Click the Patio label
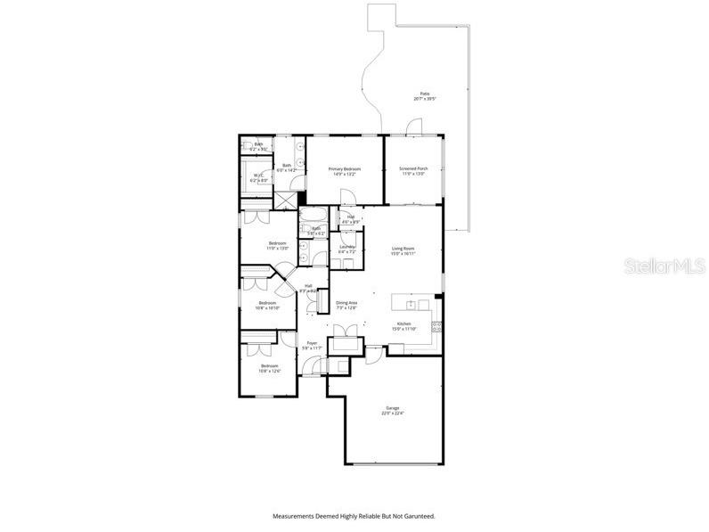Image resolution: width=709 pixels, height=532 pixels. coord(425,96)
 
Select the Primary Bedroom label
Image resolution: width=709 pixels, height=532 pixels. coord(342,170)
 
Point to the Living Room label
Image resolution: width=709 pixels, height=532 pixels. coord(403,250)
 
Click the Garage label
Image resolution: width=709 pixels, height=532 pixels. coord(393,410)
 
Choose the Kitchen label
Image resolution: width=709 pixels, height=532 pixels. coord(403,325)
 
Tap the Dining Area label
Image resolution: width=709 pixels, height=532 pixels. coord(346,305)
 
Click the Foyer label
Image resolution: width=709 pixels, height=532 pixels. coord(312,345)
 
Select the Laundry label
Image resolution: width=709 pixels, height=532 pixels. coord(347,250)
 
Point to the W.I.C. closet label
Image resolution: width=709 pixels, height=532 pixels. coord(258,177)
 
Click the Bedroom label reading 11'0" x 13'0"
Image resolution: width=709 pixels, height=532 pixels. coord(279,245)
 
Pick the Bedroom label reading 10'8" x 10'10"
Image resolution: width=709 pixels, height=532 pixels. coord(267,305)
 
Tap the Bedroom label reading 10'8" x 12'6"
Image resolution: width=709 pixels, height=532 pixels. coord(269,368)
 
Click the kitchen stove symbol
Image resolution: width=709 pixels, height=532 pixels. coord(436,327)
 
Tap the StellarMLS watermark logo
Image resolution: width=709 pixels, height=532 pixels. coord(663,266)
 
